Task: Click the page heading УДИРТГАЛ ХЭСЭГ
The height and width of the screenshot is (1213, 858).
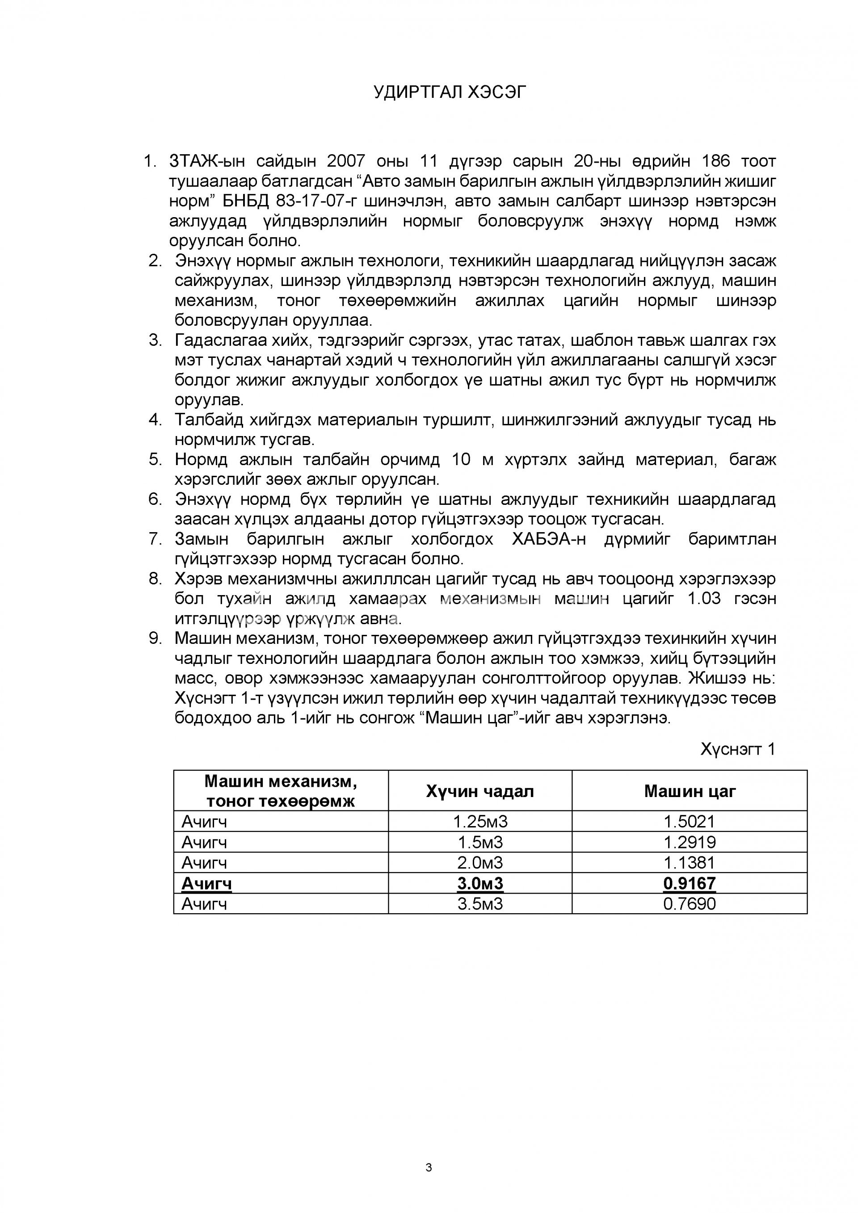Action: (450, 92)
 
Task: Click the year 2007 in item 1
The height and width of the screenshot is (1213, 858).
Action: (346, 161)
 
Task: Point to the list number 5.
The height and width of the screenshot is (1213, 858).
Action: (155, 460)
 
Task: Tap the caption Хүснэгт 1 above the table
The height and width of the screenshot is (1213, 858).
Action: (737, 749)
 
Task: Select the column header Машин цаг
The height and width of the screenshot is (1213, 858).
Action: (690, 791)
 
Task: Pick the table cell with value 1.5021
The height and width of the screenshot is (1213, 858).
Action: (690, 822)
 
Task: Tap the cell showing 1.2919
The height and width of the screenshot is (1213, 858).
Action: (690, 842)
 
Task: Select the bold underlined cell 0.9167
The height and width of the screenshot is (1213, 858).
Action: (690, 883)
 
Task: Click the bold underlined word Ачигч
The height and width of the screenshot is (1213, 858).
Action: (206, 883)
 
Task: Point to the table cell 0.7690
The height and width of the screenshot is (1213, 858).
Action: (690, 904)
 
